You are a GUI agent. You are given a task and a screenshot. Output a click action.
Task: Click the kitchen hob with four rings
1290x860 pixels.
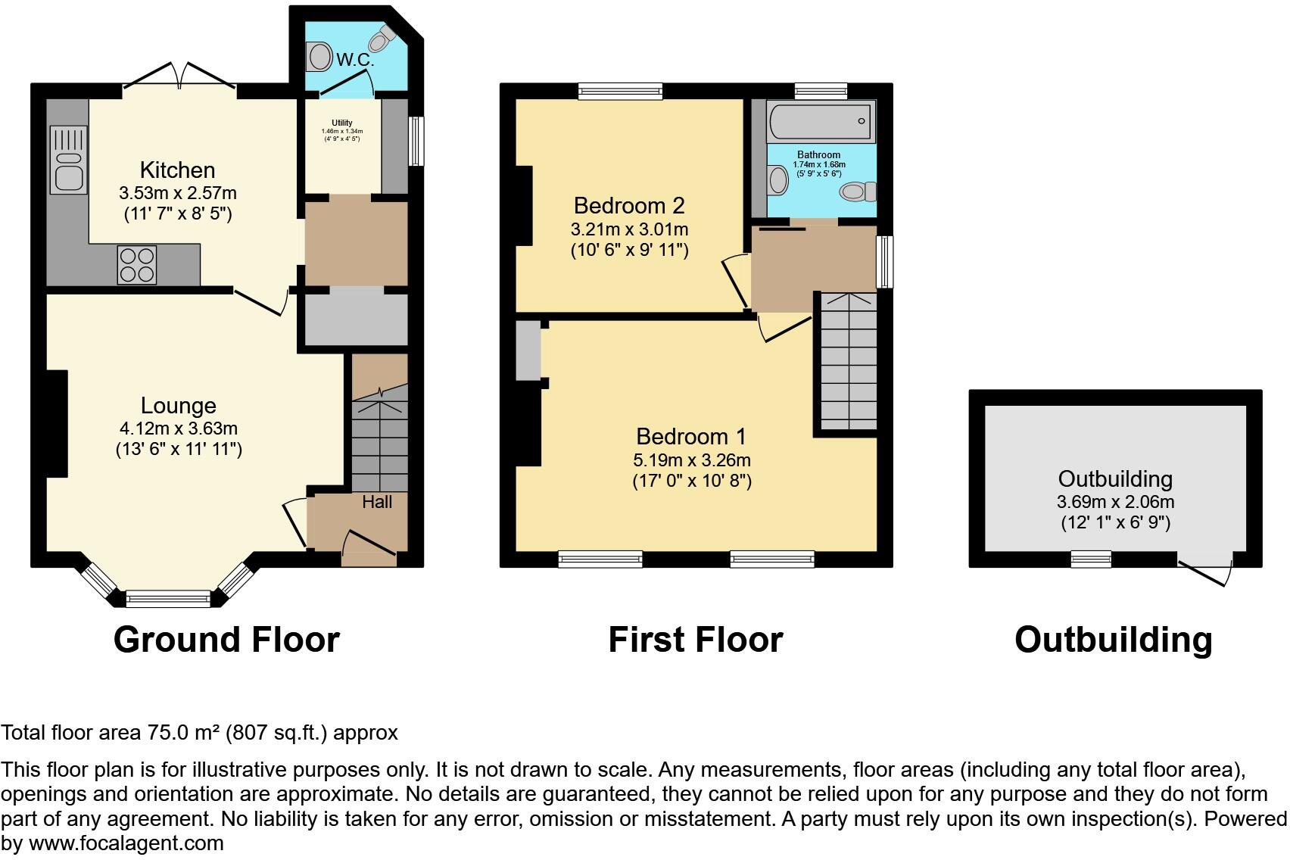[137, 265]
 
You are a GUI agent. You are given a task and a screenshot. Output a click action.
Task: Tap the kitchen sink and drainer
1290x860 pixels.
[68, 159]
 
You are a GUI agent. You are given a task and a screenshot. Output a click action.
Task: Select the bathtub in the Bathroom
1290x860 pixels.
[821, 121]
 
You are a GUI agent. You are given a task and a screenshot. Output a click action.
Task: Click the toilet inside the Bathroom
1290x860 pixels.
[857, 192]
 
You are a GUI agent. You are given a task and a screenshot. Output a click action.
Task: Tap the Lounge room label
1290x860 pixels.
[179, 406]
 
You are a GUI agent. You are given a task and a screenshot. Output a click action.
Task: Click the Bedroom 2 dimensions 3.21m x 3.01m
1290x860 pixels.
[629, 229]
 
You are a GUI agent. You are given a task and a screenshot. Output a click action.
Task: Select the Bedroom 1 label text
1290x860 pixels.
[690, 436]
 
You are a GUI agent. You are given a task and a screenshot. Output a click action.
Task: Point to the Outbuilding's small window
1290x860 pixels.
[1091, 559]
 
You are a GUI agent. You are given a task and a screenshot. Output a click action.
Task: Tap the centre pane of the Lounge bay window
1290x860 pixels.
[168, 600]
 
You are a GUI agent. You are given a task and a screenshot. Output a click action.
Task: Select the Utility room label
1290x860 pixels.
[342, 123]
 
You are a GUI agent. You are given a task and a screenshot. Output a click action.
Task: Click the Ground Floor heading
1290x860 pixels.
[226, 640]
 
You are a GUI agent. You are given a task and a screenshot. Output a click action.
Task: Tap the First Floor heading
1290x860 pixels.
[695, 640]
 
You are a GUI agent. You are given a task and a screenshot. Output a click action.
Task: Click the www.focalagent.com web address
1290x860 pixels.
[126, 843]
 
